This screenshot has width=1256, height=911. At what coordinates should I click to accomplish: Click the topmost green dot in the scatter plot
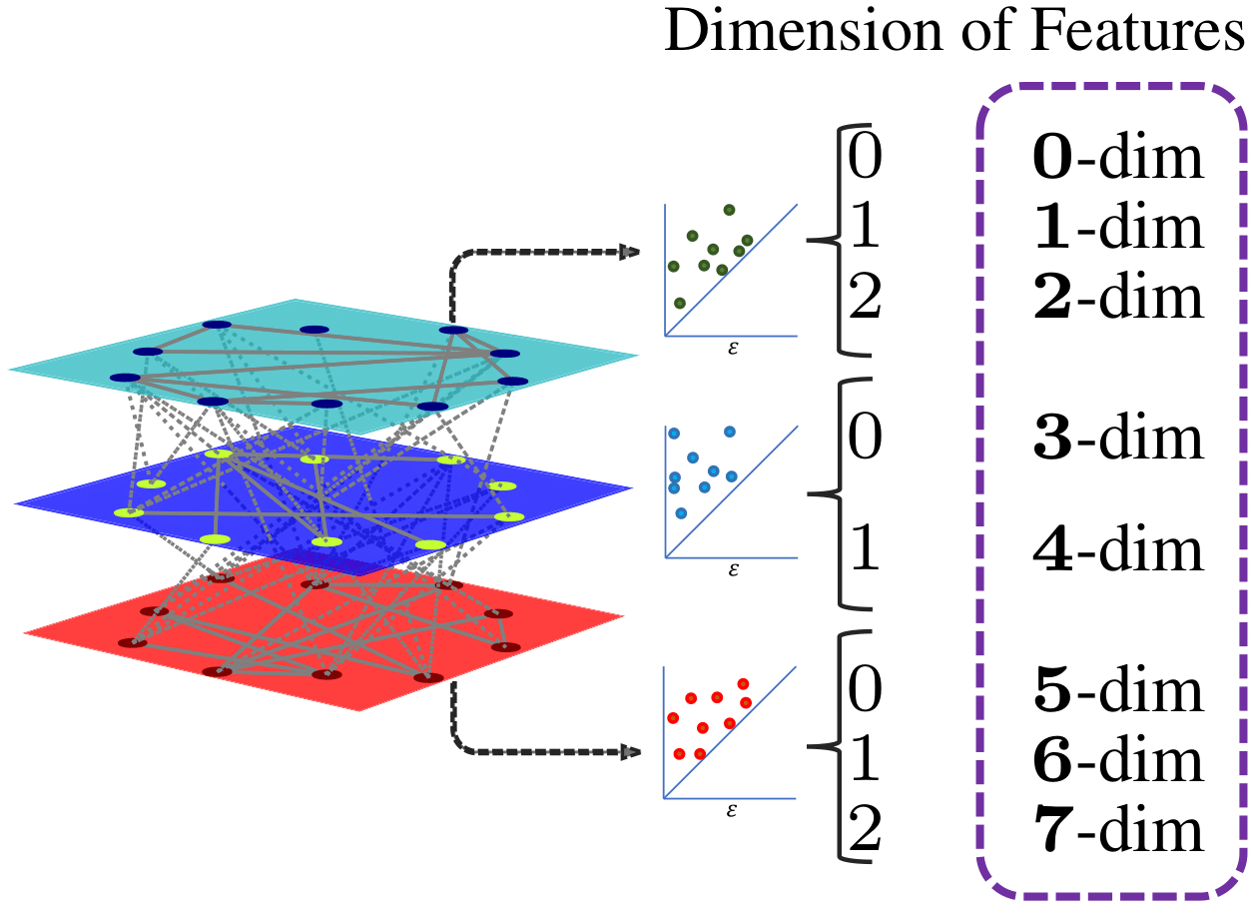[x=729, y=210]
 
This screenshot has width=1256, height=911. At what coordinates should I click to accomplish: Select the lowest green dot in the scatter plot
[x=680, y=303]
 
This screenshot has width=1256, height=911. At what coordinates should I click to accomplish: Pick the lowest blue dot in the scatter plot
[x=681, y=513]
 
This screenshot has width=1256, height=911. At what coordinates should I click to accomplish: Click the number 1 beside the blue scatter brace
[x=864, y=550]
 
